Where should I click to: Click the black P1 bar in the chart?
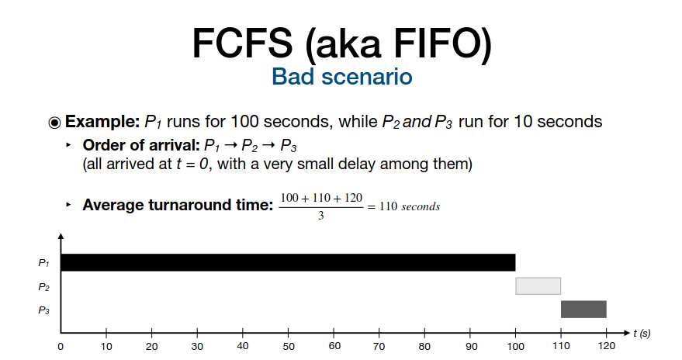[x=288, y=262]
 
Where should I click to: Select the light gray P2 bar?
[x=538, y=286]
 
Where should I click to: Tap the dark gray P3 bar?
[x=583, y=309]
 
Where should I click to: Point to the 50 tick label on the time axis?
[x=289, y=347]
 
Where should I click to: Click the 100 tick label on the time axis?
[x=515, y=347]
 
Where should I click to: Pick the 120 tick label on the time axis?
[x=606, y=346]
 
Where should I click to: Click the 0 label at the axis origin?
[x=61, y=347]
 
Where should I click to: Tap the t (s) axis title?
[x=642, y=334]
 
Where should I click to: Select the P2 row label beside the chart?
[x=43, y=287]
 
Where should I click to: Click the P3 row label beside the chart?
[x=43, y=310]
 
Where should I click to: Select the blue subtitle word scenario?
[x=367, y=77]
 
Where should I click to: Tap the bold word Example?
[x=102, y=122]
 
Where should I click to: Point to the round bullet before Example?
[x=54, y=123]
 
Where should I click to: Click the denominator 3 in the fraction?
[x=321, y=216]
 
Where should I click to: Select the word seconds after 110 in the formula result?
[x=421, y=206]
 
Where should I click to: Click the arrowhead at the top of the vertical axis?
[x=61, y=236]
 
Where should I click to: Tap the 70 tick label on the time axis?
[x=379, y=347]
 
